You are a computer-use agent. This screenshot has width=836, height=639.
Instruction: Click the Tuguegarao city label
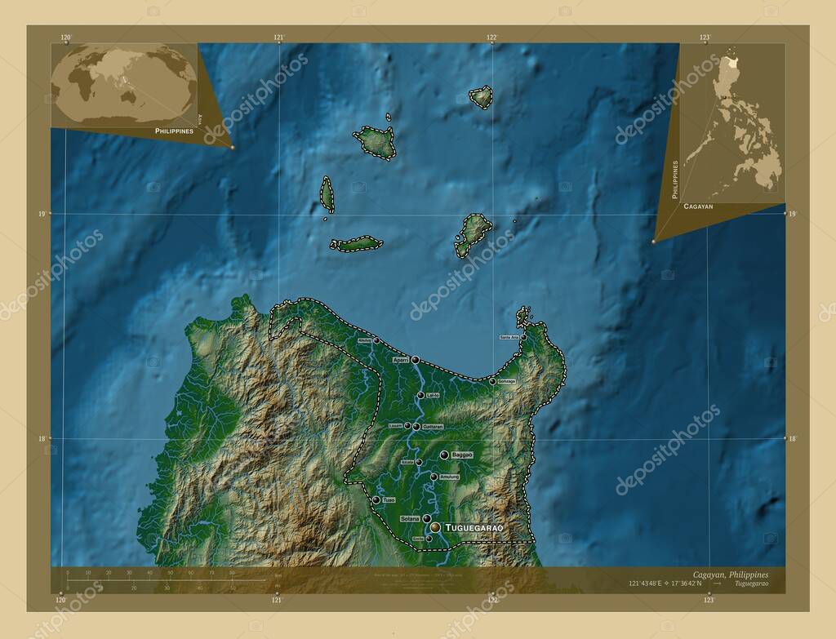tap(474, 529)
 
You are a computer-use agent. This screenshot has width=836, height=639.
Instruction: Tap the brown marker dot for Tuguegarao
tap(435, 528)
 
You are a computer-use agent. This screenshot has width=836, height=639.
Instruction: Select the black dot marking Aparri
tap(416, 360)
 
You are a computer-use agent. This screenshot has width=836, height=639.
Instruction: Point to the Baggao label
tap(461, 455)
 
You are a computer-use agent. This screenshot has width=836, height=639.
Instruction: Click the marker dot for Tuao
tap(376, 499)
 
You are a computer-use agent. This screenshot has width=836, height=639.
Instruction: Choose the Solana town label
tap(410, 518)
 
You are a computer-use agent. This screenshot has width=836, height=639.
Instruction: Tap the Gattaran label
tap(433, 427)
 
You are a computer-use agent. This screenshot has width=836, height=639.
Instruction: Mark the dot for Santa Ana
tap(523, 337)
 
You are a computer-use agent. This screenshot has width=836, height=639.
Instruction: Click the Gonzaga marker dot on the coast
tap(491, 380)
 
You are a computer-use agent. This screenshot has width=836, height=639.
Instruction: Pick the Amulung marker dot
tap(434, 477)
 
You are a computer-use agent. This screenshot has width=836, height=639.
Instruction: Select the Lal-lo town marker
tap(420, 395)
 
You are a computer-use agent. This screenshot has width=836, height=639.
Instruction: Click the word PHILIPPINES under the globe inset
tap(174, 131)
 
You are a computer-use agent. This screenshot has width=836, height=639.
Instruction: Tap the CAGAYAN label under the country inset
tap(698, 207)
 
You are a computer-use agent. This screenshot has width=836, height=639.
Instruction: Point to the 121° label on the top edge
tap(279, 38)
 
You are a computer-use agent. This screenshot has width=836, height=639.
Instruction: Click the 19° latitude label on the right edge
tap(791, 214)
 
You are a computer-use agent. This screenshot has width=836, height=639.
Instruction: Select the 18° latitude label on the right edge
tap(791, 439)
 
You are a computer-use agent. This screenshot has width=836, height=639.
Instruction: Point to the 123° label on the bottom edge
tap(708, 600)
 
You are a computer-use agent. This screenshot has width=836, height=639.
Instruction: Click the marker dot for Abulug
tap(376, 340)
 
